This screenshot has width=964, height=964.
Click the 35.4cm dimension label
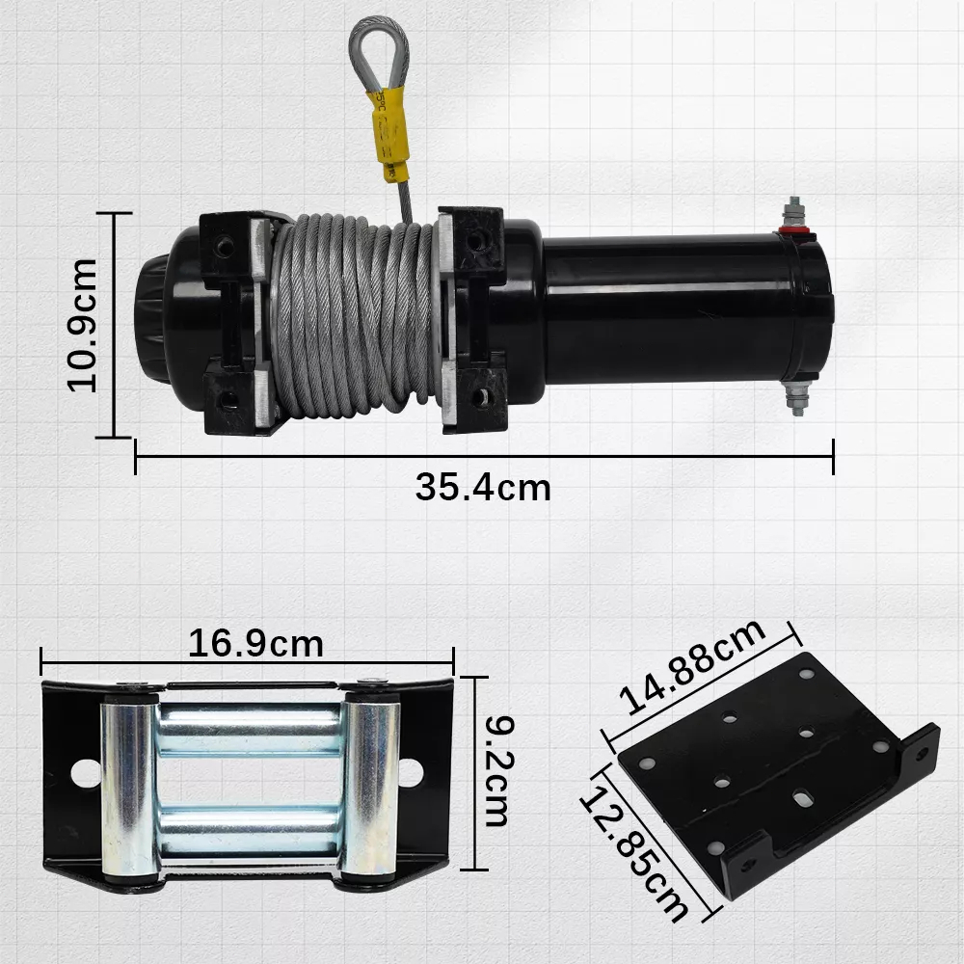click(483, 488)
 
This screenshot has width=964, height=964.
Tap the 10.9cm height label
click(82, 325)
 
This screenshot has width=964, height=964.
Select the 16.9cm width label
click(255, 643)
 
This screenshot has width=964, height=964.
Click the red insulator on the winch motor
click(796, 234)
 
